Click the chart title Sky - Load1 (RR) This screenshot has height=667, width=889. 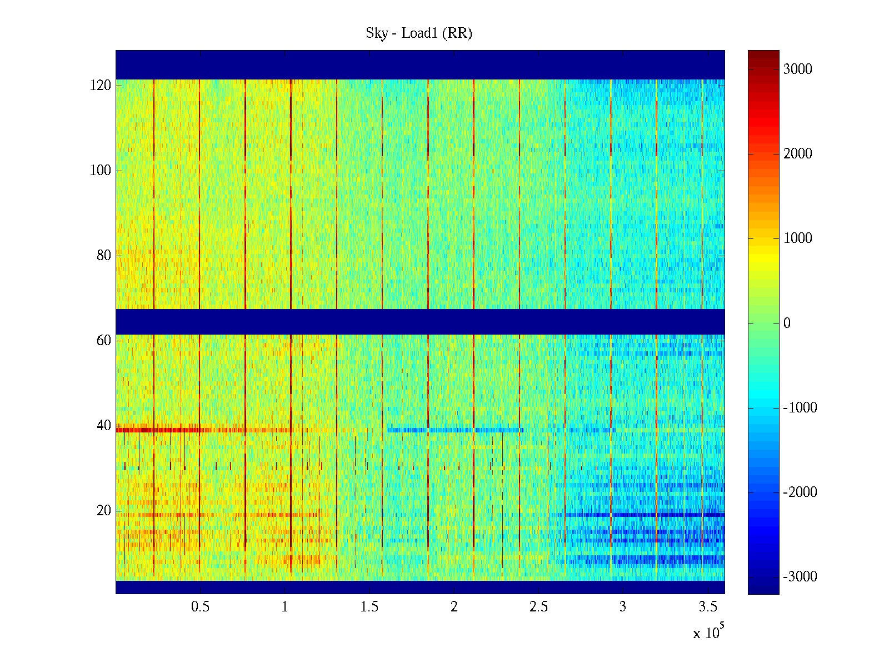point(419,33)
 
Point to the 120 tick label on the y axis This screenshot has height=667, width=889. point(101,86)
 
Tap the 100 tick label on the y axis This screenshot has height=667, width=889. point(101,171)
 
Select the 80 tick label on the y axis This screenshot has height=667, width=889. point(104,256)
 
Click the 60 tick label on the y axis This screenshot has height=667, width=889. point(104,341)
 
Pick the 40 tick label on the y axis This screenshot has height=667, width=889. point(104,426)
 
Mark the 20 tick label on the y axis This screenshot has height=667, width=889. point(104,511)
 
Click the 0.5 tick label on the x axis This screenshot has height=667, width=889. point(200,607)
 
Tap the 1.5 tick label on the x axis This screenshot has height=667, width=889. point(369,607)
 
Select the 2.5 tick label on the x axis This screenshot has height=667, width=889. point(538,607)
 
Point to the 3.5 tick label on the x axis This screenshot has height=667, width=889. point(708,607)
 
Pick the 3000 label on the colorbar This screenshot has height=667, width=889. point(798,69)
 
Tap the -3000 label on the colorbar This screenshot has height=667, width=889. point(800,577)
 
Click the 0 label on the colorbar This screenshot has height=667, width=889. point(787,323)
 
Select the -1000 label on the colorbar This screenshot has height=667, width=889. point(800,408)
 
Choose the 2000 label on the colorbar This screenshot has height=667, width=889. point(798,154)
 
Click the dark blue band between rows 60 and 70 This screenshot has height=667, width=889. point(420,321)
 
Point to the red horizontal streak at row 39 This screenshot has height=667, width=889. point(167,430)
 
